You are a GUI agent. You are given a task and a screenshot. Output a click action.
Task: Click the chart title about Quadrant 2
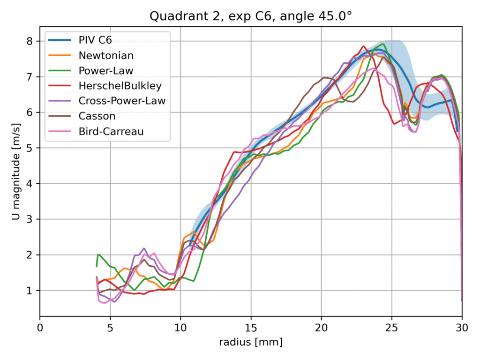tap(251, 16)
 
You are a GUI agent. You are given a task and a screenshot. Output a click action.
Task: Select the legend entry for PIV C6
tap(98, 40)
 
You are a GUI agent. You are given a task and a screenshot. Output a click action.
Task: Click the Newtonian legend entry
tap(106, 55)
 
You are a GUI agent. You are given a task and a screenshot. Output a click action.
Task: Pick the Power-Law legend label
tap(106, 71)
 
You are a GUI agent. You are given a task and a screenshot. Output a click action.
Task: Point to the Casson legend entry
tap(97, 116)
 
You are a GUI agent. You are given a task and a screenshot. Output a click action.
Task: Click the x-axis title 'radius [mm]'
tap(251, 343)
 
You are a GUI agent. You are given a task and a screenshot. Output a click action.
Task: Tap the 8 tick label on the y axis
tap(30, 41)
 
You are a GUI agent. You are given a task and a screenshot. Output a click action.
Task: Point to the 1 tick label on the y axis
tap(30, 291)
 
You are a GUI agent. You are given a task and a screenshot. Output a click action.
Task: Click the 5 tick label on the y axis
tap(30, 148)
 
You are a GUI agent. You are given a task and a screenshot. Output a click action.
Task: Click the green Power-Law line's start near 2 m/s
tap(98, 255)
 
